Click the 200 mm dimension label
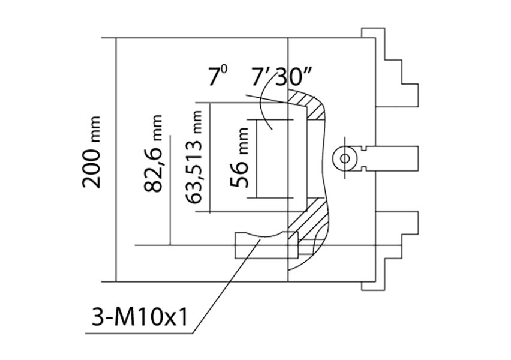tap(91, 152)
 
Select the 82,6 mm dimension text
tap(152, 153)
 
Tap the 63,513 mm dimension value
tap(194, 157)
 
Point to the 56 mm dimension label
tap(239, 157)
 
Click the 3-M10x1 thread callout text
tap(140, 317)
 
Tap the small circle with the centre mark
tap(345, 159)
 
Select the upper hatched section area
tap(308, 104)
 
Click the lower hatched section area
tap(308, 228)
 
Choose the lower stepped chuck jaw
tap(396, 250)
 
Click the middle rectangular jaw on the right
tap(391, 159)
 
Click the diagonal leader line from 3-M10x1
tap(227, 286)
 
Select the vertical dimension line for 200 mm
tap(116, 160)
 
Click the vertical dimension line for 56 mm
tap(257, 159)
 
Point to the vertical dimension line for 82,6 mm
tap(170, 190)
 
